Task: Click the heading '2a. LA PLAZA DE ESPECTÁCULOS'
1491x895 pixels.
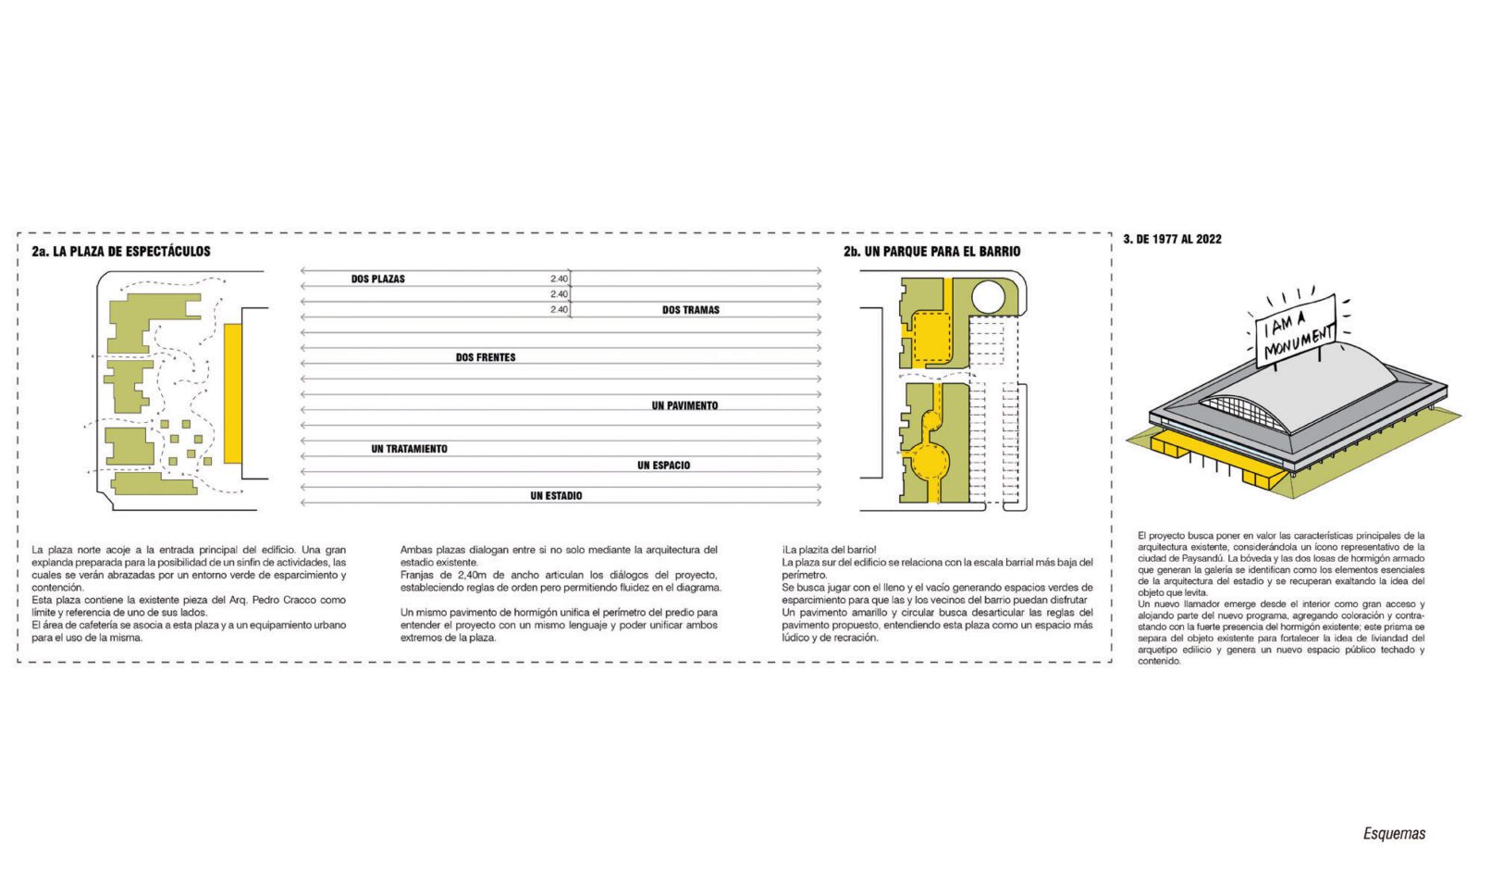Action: (x=120, y=251)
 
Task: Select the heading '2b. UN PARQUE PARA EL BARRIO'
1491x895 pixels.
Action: (x=931, y=251)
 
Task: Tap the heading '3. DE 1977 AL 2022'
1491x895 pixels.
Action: (x=1172, y=239)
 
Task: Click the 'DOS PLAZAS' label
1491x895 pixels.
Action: (x=377, y=279)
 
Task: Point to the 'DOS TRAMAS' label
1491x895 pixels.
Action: (x=690, y=310)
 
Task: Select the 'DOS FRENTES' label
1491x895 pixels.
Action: (x=486, y=357)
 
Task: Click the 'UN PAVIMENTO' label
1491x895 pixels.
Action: (x=684, y=405)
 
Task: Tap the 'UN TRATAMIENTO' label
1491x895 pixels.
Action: (x=409, y=449)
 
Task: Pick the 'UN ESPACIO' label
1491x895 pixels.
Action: (x=663, y=466)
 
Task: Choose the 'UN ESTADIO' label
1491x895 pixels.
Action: (x=556, y=496)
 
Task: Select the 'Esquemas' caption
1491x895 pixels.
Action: (x=1394, y=834)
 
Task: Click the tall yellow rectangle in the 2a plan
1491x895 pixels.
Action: (x=233, y=393)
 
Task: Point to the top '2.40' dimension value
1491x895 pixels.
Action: (x=559, y=279)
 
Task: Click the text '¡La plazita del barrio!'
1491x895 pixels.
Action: (x=829, y=550)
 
